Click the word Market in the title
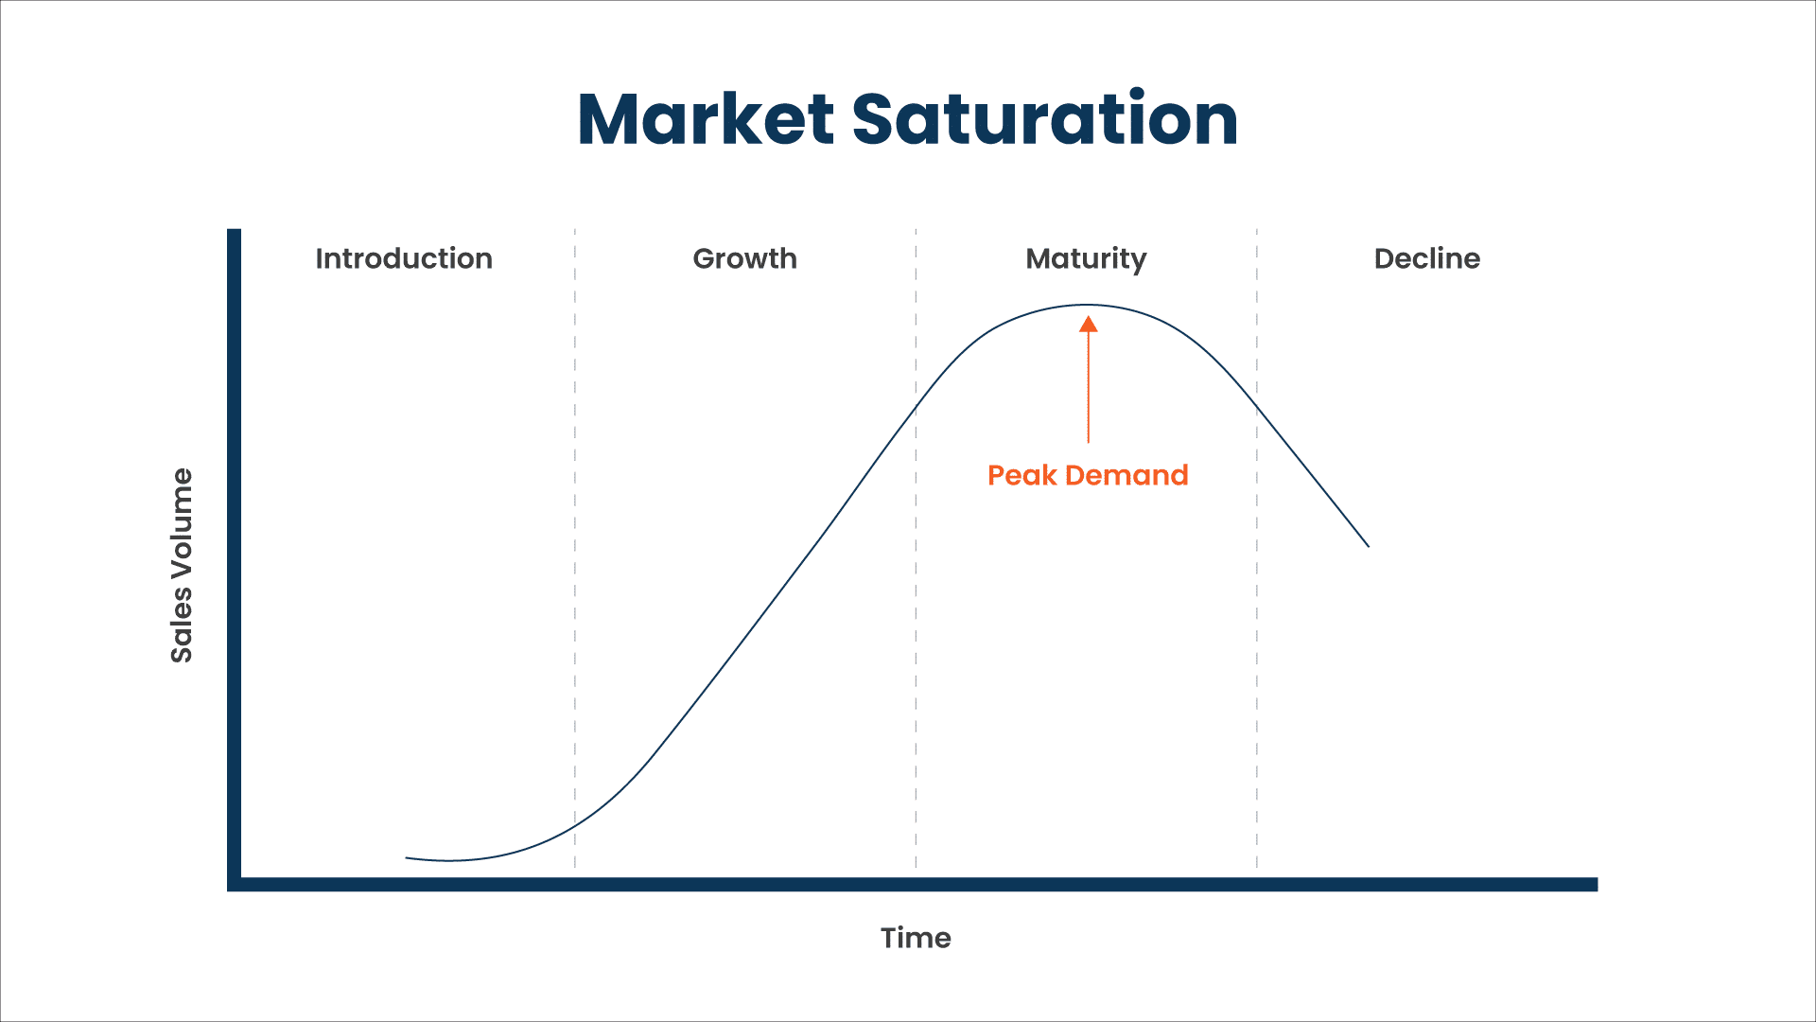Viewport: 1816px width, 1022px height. coord(705,120)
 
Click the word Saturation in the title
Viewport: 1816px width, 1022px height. coord(1044,120)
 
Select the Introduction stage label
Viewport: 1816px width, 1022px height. coord(404,258)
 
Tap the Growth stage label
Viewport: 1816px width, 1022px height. coord(744,258)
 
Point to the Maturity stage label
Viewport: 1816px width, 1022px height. coord(1086,258)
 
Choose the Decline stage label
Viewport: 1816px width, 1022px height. coord(1426,258)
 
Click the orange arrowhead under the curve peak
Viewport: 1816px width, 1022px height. coord(1089,325)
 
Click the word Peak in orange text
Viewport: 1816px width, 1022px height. coord(1021,475)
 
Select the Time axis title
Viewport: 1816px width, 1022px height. coord(916,938)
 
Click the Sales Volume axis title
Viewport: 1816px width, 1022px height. coord(182,565)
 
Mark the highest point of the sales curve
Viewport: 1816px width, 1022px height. coord(1088,305)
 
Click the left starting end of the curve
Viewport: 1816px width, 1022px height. coord(408,857)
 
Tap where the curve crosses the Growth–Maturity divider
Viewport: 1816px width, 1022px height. coord(916,407)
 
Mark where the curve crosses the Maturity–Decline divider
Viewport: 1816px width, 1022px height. coord(1257,403)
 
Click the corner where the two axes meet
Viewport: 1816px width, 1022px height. coord(235,884)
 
